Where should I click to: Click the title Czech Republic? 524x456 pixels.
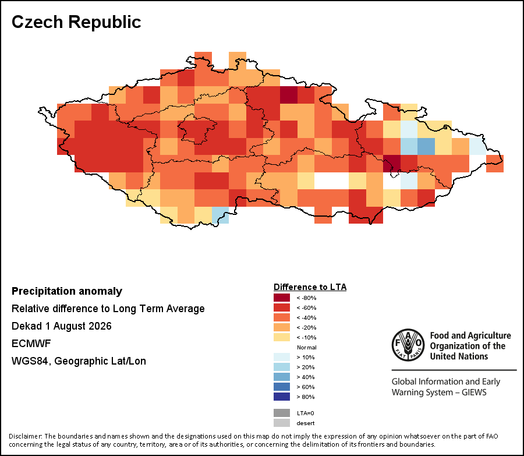(76, 22)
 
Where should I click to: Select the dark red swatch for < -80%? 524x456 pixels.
(282, 298)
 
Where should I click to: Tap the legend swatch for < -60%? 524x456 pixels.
(282, 307)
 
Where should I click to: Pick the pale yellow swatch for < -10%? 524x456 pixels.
(282, 337)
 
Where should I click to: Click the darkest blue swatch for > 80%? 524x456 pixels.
(282, 397)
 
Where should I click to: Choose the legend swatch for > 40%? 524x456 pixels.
(282, 377)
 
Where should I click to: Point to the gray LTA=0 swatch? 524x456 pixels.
(282, 413)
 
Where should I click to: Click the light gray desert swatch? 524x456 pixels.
(282, 423)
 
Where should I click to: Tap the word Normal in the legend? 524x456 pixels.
(306, 347)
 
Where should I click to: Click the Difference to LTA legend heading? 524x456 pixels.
(310, 287)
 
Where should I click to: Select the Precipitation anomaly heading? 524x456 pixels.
(67, 291)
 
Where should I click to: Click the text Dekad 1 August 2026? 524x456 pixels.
(62, 326)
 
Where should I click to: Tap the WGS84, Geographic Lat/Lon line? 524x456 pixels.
(79, 361)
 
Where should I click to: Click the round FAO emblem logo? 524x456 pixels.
(408, 345)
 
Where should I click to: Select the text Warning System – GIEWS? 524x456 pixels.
(439, 392)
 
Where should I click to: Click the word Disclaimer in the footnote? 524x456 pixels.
(25, 436)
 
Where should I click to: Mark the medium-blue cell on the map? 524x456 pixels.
(426, 146)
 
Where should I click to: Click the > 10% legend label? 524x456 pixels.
(306, 357)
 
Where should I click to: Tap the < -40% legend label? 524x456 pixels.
(306, 317)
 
